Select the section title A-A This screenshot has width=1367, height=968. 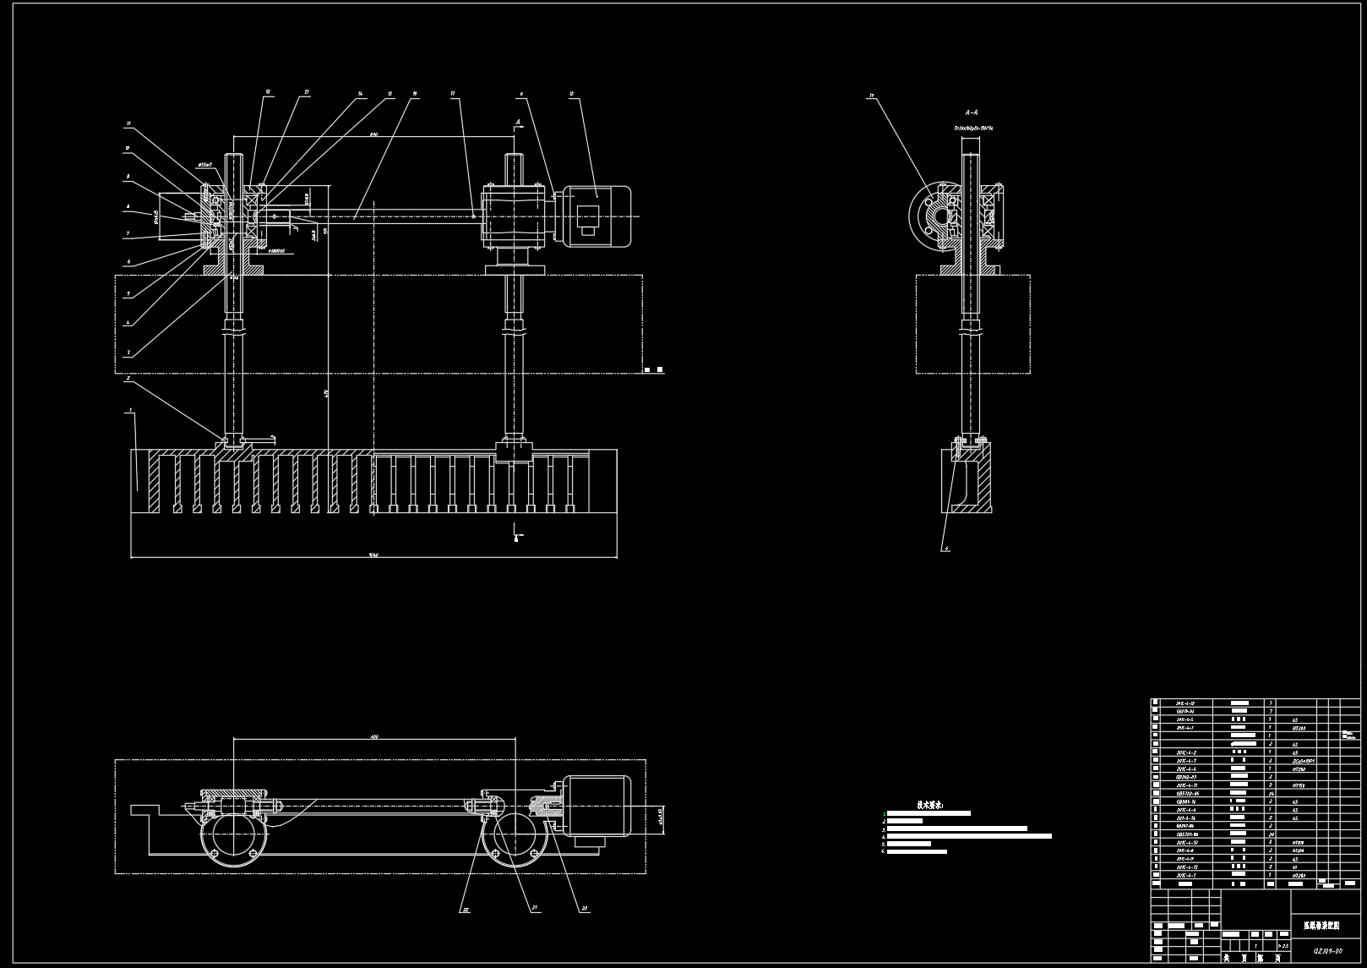click(x=972, y=112)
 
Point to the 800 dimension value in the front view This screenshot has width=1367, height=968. click(x=373, y=135)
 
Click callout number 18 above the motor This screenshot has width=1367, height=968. click(x=573, y=96)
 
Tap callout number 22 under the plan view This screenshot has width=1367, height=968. click(x=464, y=910)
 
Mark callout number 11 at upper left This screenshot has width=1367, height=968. click(x=129, y=123)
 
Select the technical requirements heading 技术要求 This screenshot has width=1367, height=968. click(x=930, y=804)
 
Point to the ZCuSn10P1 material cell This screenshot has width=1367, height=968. click(x=1304, y=761)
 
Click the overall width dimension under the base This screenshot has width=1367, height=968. click(x=373, y=555)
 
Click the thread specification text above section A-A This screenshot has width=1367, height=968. click(x=973, y=128)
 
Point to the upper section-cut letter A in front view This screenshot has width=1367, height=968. click(x=516, y=121)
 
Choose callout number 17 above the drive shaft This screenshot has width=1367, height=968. click(x=454, y=95)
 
